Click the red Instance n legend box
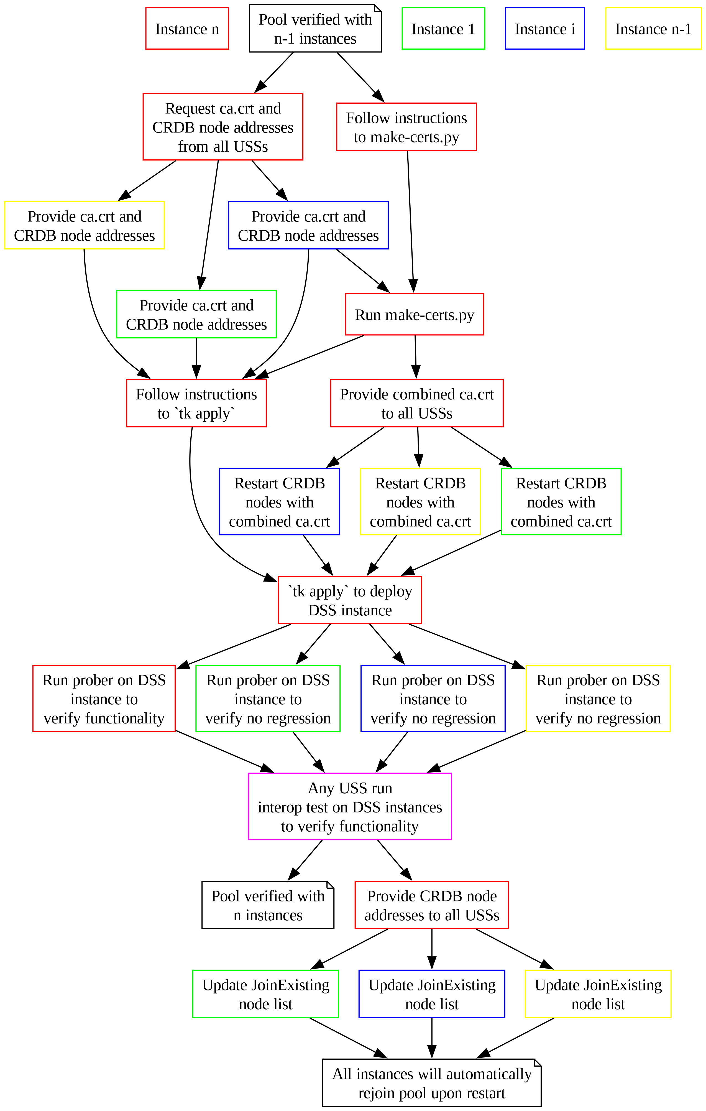pos(187,29)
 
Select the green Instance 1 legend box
pos(443,29)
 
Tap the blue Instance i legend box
pos(545,29)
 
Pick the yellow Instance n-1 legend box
pos(653,29)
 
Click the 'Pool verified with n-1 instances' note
pos(315,29)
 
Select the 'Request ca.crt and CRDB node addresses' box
pos(223,127)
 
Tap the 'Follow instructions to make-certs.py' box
pos(406,127)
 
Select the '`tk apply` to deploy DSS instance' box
pos(350,600)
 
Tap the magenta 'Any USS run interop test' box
pos(350,806)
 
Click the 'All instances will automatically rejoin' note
pos(432,1083)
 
